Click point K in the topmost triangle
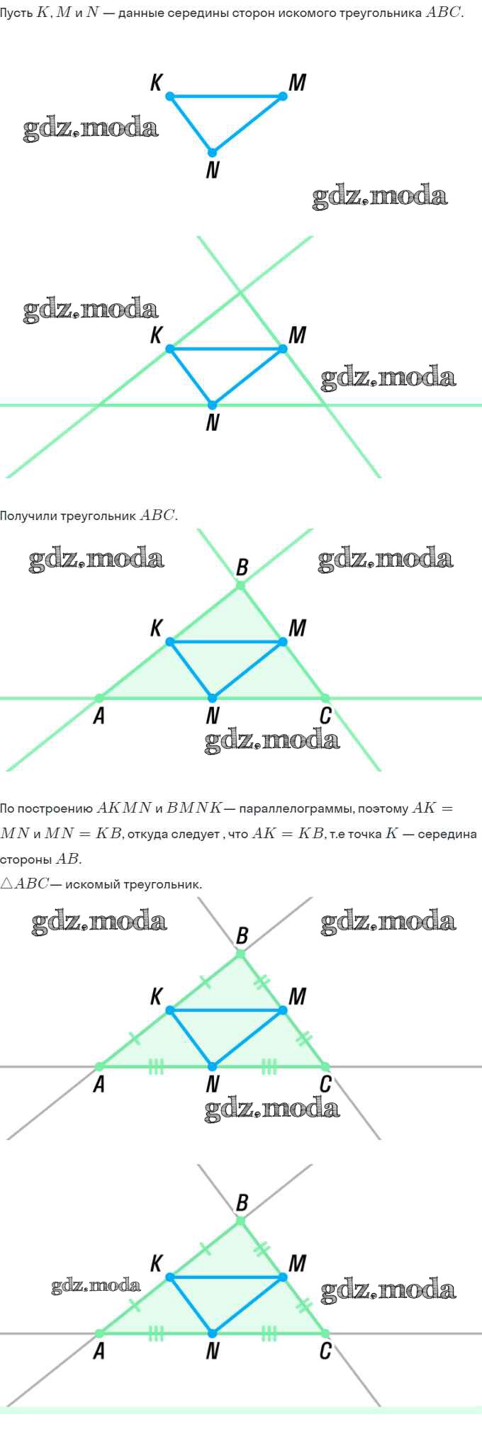170,96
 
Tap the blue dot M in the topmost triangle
283,96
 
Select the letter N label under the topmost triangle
212,170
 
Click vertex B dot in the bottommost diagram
240,1221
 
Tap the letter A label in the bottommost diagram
99,1352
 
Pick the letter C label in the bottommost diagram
325,1352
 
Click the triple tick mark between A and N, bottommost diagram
156,1334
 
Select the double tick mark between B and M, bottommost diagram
262,1248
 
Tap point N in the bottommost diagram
212,1333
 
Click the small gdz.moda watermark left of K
96,1285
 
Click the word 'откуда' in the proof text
147,834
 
